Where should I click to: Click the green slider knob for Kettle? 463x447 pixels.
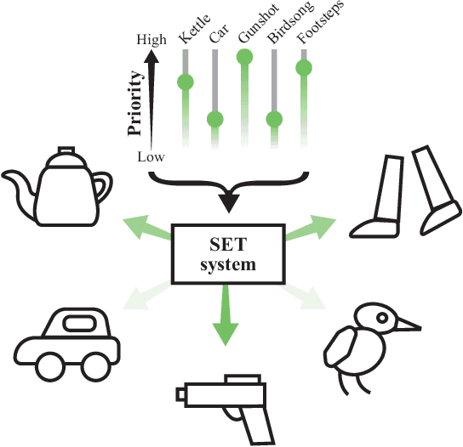186,82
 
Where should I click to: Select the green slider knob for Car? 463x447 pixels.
215,120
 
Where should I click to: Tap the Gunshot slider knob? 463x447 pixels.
245,57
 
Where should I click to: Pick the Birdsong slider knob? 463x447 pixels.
274,120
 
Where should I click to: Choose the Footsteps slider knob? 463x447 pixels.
304,68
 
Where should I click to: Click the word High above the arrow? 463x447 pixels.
151,40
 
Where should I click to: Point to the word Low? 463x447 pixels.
151,157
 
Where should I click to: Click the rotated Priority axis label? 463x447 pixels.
135,103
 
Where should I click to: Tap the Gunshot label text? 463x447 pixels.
259,24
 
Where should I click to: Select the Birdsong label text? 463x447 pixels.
289,22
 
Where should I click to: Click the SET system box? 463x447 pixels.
229,254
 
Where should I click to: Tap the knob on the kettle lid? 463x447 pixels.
66,150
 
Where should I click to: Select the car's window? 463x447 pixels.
81,323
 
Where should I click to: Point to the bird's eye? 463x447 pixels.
382,318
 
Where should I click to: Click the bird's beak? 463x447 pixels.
409,325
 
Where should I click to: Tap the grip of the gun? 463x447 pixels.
257,426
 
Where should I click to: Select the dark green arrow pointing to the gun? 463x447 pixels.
226,315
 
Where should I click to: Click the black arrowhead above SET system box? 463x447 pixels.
229,203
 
